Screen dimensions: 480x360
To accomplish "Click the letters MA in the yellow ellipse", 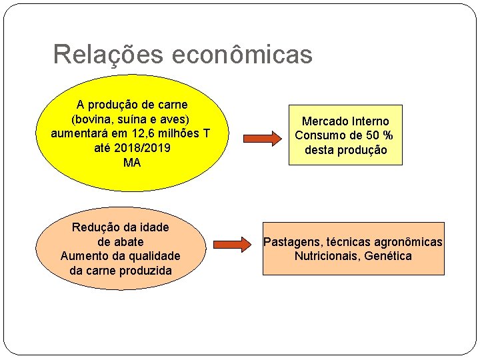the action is [132, 163].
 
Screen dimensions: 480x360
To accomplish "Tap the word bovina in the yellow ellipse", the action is [91, 119].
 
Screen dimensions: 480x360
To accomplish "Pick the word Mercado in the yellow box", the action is [325, 121].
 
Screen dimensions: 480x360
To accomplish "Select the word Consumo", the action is [318, 136].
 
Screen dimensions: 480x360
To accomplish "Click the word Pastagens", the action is [293, 242].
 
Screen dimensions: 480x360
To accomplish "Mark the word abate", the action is [128, 241].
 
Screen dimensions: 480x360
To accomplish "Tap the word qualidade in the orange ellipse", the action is [153, 256].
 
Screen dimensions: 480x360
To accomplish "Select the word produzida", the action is [145, 271].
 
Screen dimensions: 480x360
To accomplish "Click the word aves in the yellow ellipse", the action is [173, 119].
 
